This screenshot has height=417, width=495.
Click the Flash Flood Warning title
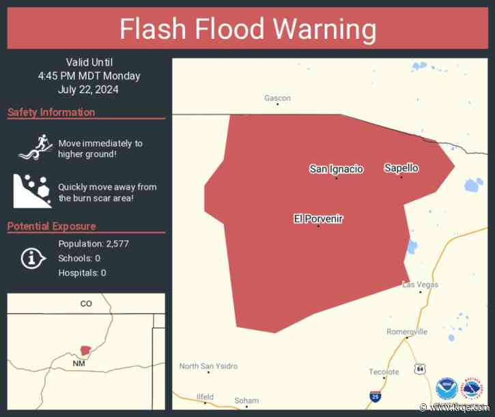point(248,29)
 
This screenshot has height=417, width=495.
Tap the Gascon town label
point(277,98)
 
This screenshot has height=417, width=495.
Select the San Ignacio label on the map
point(337,169)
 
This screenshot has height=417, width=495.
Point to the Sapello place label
point(401,168)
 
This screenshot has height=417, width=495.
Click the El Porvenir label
point(318,218)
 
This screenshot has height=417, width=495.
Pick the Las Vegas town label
point(420,285)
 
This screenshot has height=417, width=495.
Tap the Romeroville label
point(407,332)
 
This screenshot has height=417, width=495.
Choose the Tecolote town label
point(384,372)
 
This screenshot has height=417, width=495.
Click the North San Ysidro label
point(209,366)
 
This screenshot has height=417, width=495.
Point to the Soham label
point(246,401)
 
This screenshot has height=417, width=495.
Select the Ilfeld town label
point(205,397)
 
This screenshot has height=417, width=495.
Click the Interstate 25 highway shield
point(375,395)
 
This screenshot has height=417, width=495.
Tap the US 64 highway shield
point(419,369)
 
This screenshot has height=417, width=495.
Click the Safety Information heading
point(51,112)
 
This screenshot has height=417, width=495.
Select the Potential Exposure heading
point(52,226)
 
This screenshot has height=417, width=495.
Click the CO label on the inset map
point(85,304)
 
